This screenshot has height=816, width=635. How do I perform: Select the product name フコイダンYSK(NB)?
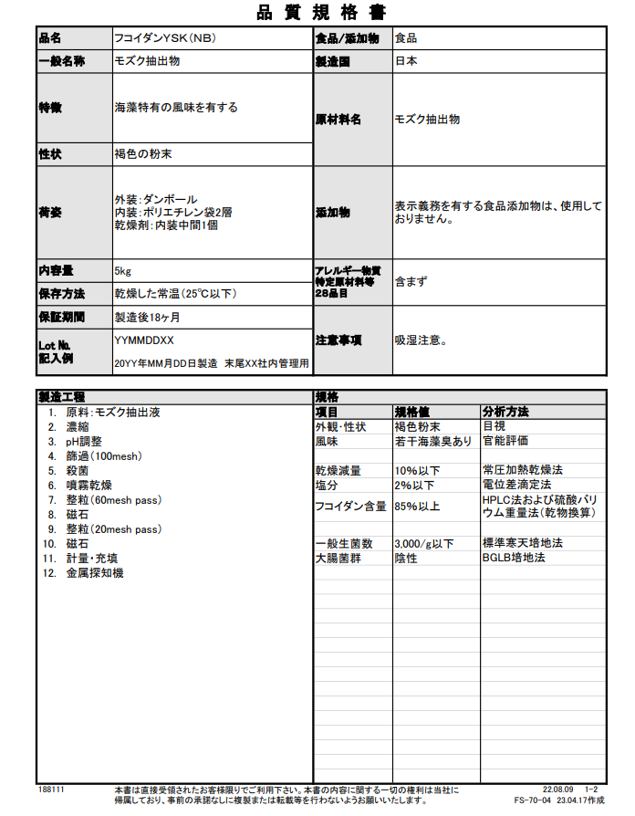point(163,38)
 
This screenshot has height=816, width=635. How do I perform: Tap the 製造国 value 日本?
point(406,62)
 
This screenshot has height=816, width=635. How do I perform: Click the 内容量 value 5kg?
point(123,271)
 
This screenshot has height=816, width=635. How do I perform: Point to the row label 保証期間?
point(61,317)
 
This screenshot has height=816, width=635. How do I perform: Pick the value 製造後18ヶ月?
point(147,317)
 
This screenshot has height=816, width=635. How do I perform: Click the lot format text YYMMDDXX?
point(144,340)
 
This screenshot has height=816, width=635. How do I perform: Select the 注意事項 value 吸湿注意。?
point(421,340)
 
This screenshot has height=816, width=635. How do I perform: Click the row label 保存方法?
point(61,294)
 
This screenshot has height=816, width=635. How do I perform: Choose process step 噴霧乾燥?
point(89,485)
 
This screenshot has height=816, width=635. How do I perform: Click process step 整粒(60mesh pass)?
point(113,499)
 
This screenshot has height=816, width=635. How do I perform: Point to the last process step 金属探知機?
point(95,572)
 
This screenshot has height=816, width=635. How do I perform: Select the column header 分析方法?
point(505,412)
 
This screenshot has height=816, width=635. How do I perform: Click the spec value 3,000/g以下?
point(424,543)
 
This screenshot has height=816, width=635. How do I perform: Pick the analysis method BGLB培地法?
point(514,557)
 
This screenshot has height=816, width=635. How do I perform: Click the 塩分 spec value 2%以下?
point(414,485)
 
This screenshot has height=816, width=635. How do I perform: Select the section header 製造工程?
point(61,397)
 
